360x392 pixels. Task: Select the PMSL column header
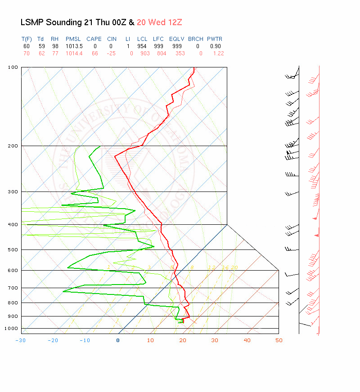73,39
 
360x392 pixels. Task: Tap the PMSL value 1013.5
73,46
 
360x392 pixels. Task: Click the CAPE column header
94,39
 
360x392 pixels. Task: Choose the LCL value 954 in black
142,46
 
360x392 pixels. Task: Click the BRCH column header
196,39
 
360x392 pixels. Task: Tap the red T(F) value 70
27,53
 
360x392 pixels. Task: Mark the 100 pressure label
13,67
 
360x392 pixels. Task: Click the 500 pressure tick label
13,249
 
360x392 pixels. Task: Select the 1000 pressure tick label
11,329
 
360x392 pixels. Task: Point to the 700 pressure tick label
13,288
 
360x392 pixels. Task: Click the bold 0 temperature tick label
118,340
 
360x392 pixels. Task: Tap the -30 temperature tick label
20,340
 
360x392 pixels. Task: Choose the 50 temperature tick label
279,340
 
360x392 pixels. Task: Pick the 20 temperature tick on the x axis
183,340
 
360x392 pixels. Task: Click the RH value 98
54,46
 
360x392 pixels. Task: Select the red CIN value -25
111,53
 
